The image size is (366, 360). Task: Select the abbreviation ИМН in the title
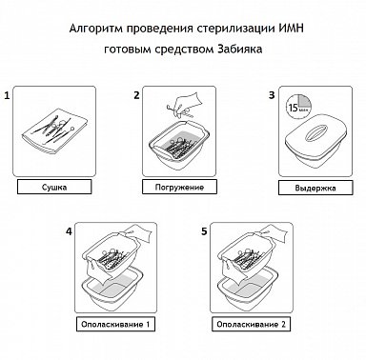pos(292,29)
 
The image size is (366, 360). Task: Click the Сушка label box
pos(54,187)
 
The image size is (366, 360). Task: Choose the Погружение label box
pos(179,187)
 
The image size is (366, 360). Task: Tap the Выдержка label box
pos(315,188)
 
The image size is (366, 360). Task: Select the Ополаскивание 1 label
pos(115,324)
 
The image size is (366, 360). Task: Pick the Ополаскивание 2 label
pos(252,324)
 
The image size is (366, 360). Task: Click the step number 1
pos(7,95)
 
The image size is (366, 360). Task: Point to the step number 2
pos(136,95)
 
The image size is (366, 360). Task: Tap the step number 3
pos(272,95)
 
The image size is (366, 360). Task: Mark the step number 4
pos(69,231)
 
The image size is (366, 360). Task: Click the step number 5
pos(204,231)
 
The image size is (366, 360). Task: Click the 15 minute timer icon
pos(298,107)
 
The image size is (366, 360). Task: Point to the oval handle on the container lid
pos(315,132)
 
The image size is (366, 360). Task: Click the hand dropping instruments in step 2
pos(187,102)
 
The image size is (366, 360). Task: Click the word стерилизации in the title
pos(235,29)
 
